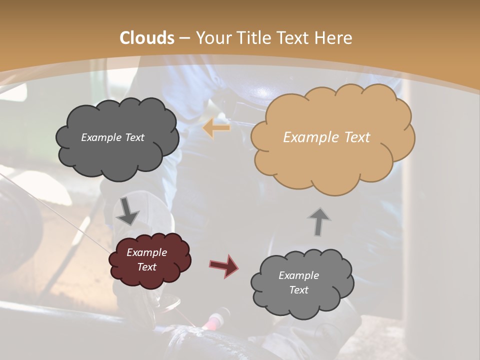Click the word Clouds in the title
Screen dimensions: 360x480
(x=147, y=38)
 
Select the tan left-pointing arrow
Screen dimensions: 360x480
(x=216, y=128)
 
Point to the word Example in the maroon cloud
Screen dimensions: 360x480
(x=147, y=252)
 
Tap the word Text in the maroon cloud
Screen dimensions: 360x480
(x=147, y=267)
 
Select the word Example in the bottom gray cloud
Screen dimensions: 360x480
(x=298, y=275)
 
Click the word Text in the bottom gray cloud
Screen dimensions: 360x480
(x=298, y=290)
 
